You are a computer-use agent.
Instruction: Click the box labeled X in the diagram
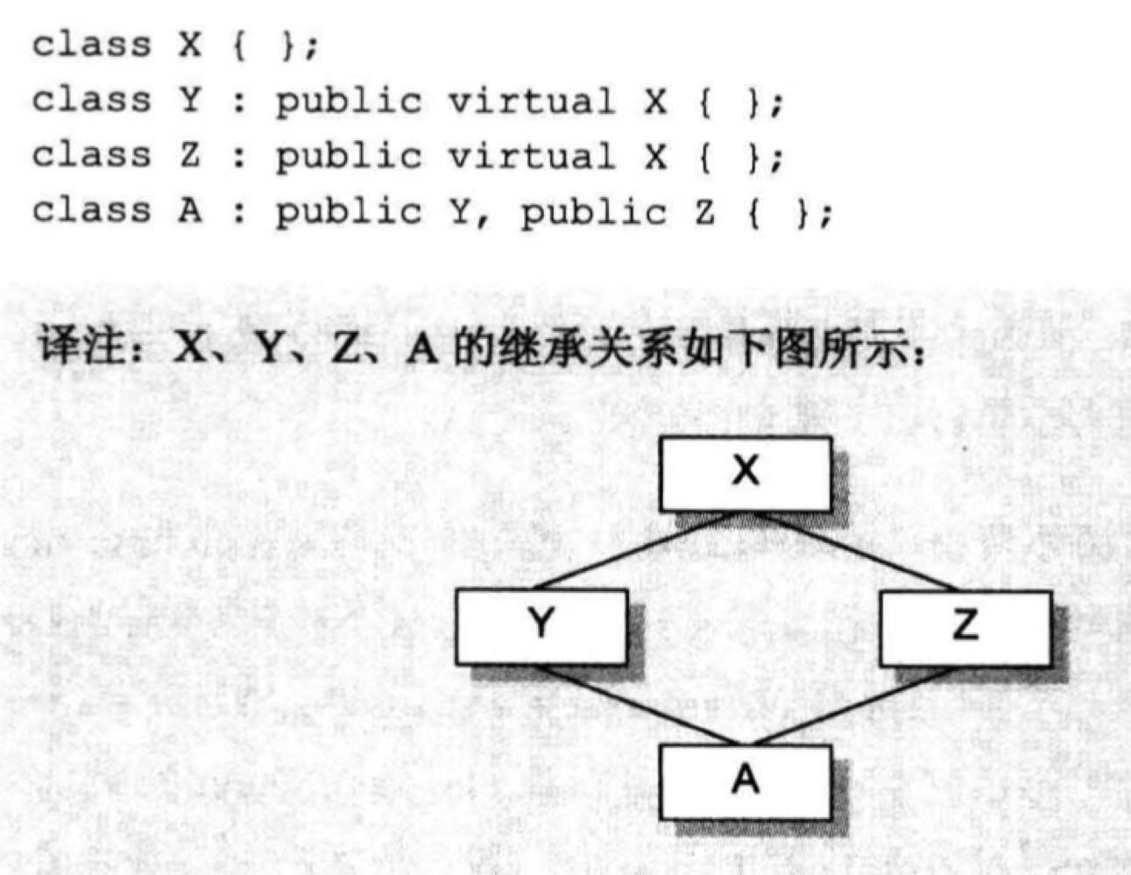click(x=745, y=473)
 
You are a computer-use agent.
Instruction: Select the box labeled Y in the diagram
click(x=541, y=625)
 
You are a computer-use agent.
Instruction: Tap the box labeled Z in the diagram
click(x=965, y=627)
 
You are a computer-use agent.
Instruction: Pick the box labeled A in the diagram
click(x=745, y=780)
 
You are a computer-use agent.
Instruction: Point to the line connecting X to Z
click(x=855, y=550)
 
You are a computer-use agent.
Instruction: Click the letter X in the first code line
click(x=189, y=44)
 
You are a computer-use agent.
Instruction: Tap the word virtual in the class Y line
click(x=531, y=102)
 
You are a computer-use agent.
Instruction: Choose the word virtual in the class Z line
click(x=531, y=157)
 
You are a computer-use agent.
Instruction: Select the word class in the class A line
click(x=91, y=211)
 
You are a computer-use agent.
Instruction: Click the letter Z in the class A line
click(x=704, y=211)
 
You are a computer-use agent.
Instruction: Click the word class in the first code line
click(x=91, y=44)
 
